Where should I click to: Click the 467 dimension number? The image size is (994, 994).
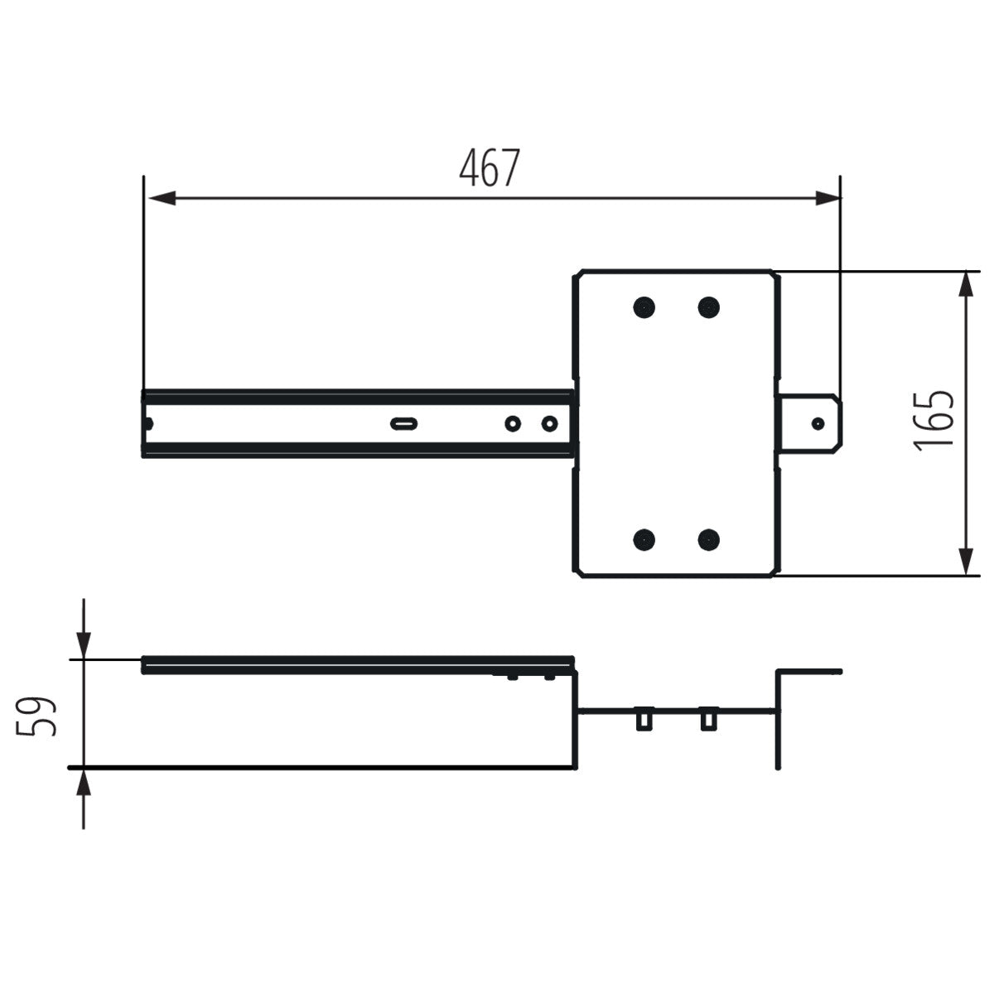click(x=490, y=168)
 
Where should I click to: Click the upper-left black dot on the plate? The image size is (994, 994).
click(x=644, y=307)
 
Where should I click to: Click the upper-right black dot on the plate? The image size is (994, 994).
click(x=708, y=307)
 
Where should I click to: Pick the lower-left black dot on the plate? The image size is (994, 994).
click(x=644, y=540)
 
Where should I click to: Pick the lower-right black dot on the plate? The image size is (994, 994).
click(x=708, y=540)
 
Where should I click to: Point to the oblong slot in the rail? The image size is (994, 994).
click(x=404, y=423)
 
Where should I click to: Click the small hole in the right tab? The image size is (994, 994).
click(x=818, y=423)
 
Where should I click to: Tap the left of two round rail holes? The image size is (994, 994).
click(x=514, y=423)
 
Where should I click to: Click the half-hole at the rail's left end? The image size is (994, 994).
click(x=147, y=423)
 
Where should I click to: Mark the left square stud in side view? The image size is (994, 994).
click(x=643, y=719)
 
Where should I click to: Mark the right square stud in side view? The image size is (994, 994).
click(x=707, y=719)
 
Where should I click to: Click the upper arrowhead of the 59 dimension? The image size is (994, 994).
click(x=84, y=642)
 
